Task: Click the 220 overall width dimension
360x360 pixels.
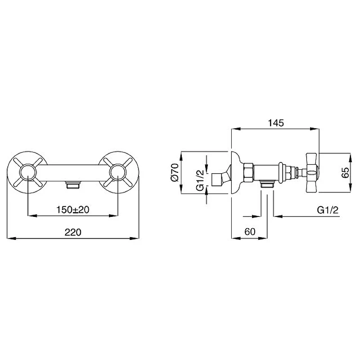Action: [73, 232]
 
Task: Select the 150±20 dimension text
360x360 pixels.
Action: [73, 210]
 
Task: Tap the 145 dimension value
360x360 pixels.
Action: [276, 123]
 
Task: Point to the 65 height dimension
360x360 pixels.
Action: [345, 173]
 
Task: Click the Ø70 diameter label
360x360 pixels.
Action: [175, 172]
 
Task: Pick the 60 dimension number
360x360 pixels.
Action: [250, 232]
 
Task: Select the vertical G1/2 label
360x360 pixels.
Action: [200, 180]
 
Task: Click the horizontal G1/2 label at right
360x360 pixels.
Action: [328, 210]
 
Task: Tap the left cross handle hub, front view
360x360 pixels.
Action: [27, 173]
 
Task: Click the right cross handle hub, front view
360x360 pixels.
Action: [118, 173]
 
